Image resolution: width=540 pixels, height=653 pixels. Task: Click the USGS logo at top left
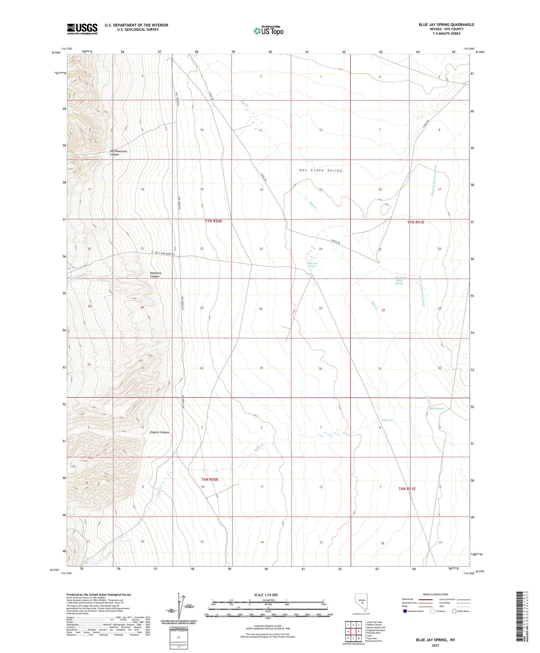click(82, 29)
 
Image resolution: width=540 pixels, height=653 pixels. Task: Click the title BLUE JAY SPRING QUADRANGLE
click(446, 25)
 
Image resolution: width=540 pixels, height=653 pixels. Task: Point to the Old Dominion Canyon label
click(118, 153)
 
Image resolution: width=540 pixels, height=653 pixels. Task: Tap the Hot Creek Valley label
click(321, 171)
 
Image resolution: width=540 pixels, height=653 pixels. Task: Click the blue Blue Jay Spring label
click(312, 265)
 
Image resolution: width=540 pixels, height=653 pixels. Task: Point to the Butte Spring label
click(436, 408)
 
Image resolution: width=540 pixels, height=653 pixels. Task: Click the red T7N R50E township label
click(213, 221)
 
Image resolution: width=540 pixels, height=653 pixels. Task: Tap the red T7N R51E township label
click(416, 222)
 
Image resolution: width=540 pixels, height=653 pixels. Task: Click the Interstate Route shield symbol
click(405, 611)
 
